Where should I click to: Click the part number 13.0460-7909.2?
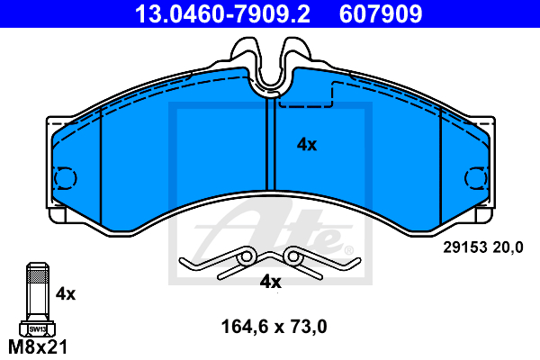click(222, 13)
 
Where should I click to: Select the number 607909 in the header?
click(381, 13)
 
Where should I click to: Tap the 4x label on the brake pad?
click(307, 145)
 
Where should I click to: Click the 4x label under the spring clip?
click(270, 282)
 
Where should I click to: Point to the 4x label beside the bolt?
click(66, 294)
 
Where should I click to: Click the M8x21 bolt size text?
click(38, 346)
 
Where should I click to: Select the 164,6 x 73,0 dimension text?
click(274, 327)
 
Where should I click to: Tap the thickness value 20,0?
click(508, 247)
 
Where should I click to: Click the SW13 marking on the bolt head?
click(38, 329)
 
